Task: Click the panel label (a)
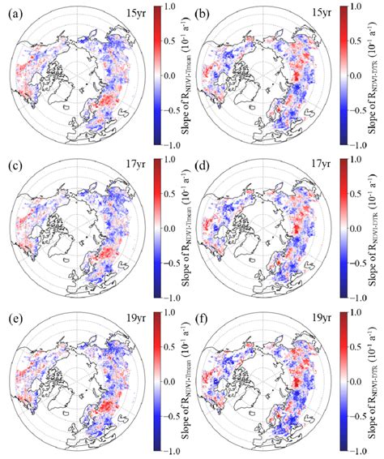(x=11, y=12)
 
